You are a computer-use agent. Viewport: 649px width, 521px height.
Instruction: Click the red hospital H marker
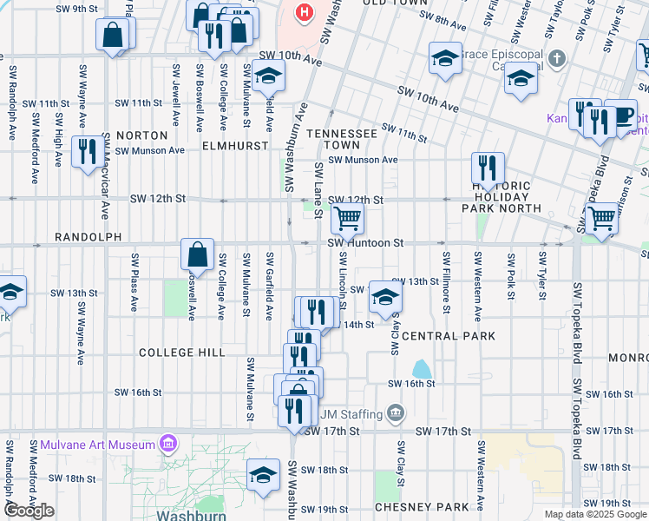tap(304, 12)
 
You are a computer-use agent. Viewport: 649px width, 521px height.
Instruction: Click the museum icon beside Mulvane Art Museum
tap(167, 445)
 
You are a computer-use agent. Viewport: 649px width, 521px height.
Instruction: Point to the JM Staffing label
tap(351, 412)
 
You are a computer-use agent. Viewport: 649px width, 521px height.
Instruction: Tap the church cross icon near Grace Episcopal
tap(557, 60)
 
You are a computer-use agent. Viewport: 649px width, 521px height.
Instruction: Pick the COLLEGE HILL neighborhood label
tap(182, 353)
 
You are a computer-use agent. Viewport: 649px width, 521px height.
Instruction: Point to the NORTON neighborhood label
tap(141, 135)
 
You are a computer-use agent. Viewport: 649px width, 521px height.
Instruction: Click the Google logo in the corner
tap(29, 511)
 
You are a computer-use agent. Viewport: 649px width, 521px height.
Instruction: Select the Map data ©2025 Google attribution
tap(594, 514)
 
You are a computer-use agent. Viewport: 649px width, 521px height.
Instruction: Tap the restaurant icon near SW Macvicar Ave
tap(87, 152)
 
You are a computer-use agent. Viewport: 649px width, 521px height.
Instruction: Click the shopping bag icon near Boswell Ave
tap(198, 254)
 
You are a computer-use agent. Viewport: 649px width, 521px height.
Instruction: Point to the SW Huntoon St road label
tap(367, 244)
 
